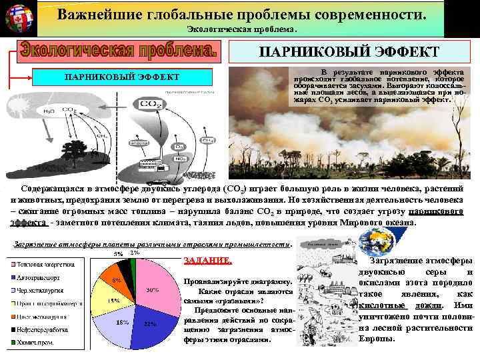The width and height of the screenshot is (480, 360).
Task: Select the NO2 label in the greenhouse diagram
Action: pyautogui.click(x=181, y=158)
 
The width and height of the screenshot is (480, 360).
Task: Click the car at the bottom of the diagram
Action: pyautogui.click(x=158, y=181)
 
